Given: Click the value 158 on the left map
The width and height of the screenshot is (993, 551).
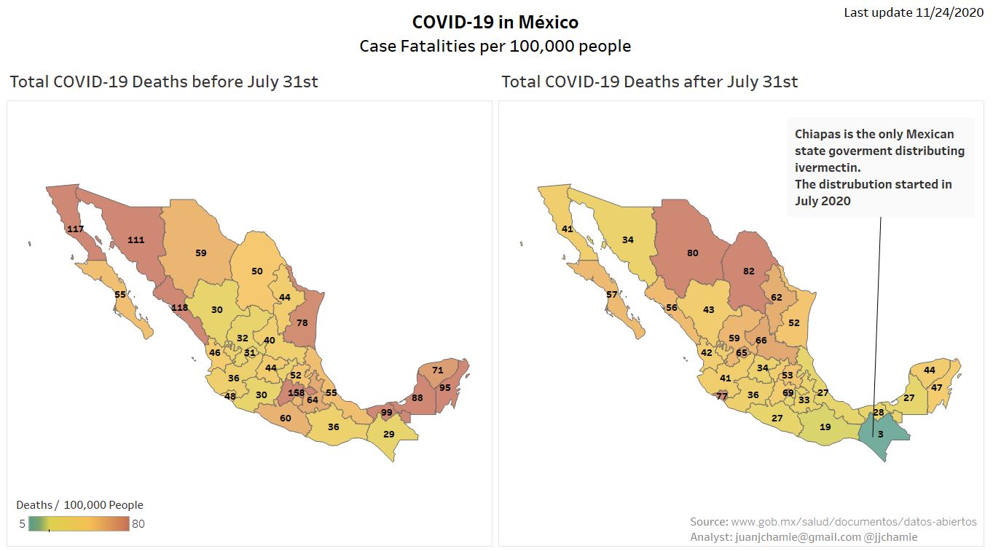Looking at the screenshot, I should coord(296,392).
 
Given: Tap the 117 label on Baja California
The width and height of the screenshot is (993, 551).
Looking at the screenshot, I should coord(75,229).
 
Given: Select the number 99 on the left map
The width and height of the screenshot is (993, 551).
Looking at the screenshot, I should coord(387,413).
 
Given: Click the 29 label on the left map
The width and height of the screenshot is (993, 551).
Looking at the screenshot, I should coord(389,434).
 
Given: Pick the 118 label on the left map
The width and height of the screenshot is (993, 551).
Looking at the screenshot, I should coord(179,307).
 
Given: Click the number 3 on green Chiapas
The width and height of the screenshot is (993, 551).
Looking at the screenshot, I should coord(880,434).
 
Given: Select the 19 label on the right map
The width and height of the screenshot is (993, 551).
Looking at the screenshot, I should coord(825,427).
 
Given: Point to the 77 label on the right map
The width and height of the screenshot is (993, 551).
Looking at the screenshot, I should coord(721,396).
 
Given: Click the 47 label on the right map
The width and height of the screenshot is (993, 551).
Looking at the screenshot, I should coord(937,387).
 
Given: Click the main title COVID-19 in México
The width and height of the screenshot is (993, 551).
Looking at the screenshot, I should coord(495,22).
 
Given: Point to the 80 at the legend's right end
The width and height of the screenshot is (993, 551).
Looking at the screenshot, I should coord(138,523).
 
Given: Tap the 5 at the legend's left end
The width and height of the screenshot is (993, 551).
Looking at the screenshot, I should coord(23,523).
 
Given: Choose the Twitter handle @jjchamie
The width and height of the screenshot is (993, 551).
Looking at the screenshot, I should coord(890,537).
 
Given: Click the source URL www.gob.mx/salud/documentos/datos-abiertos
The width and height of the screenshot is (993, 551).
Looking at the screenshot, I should coord(853,522).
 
